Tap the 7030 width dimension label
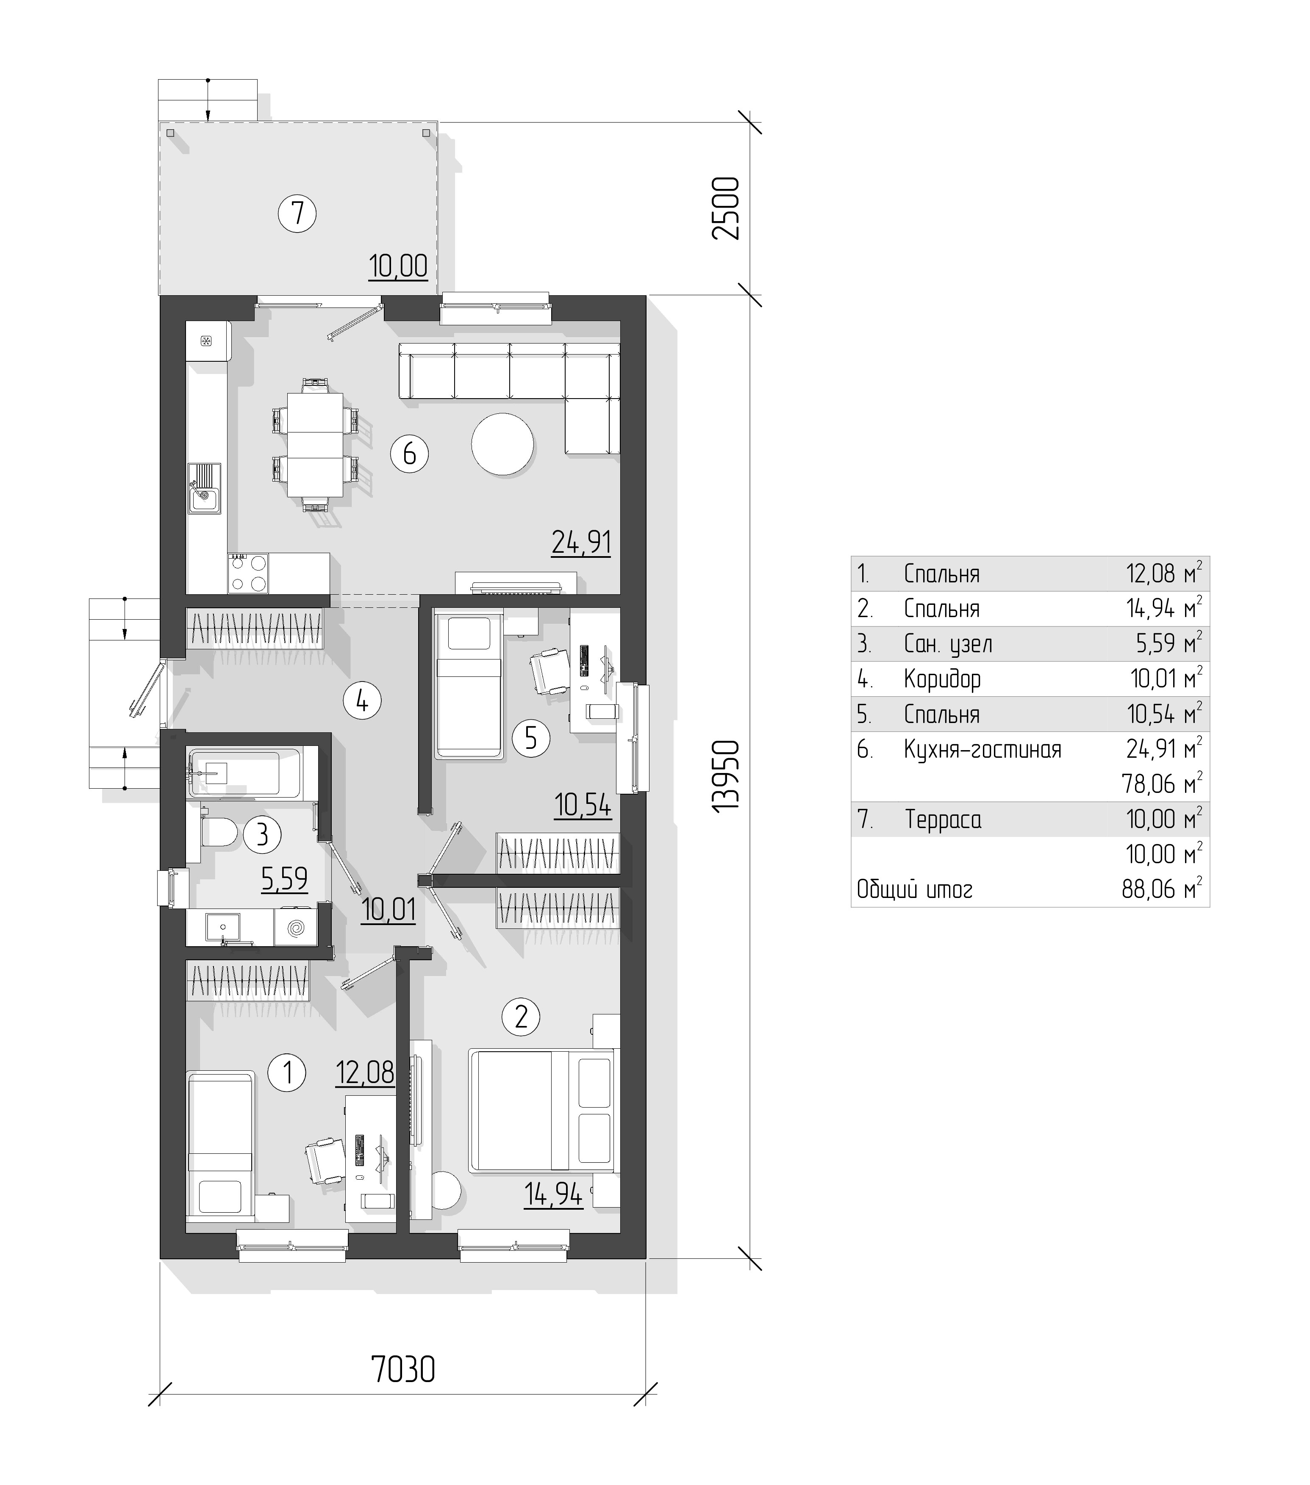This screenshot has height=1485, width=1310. (403, 1369)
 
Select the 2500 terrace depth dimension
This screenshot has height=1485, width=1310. (726, 208)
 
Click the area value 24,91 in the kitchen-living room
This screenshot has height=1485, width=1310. (581, 542)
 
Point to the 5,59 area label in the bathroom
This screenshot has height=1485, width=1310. (284, 879)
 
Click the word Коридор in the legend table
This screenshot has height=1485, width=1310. (942, 679)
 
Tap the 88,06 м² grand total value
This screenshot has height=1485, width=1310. (1162, 889)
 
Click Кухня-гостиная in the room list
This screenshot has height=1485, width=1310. (982, 749)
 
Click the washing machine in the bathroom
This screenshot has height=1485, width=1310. (296, 928)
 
